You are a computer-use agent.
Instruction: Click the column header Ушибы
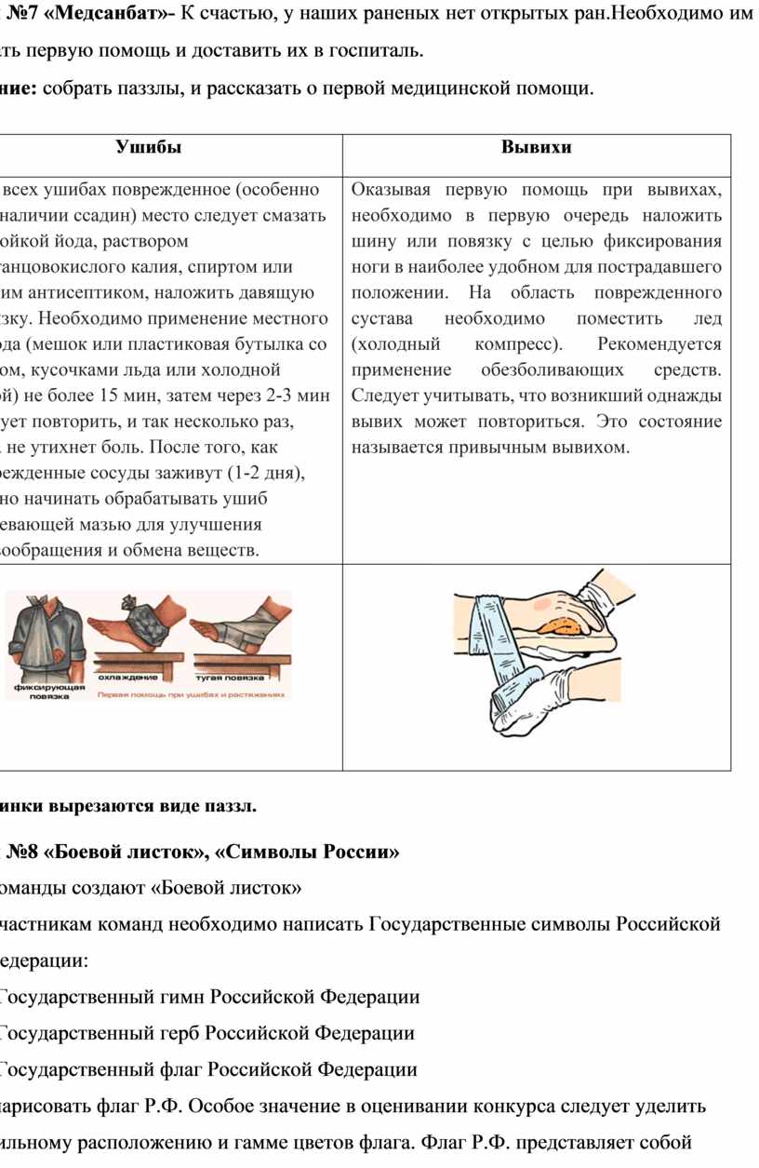point(149,147)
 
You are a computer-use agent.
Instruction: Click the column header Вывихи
point(537,147)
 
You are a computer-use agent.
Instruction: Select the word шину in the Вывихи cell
point(373,242)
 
